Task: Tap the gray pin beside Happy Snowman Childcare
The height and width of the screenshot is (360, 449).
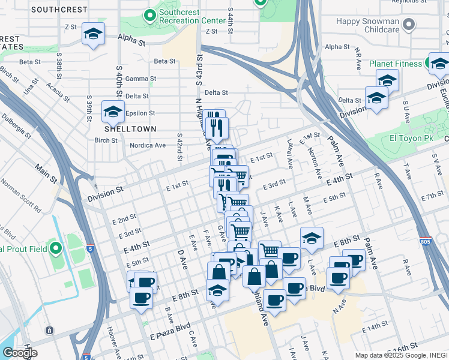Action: point(409,25)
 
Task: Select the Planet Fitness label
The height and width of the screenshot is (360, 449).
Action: point(396,63)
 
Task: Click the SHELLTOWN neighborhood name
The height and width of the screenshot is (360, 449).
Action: point(130,129)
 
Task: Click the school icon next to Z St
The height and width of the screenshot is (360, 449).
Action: point(93,35)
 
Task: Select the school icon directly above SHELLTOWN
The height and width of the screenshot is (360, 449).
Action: point(112,112)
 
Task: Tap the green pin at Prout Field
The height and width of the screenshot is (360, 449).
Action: point(56,247)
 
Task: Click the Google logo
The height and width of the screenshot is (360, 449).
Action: point(20,352)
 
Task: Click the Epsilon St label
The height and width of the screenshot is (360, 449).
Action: point(140,113)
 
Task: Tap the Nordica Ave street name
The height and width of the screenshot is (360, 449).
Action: point(148,145)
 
